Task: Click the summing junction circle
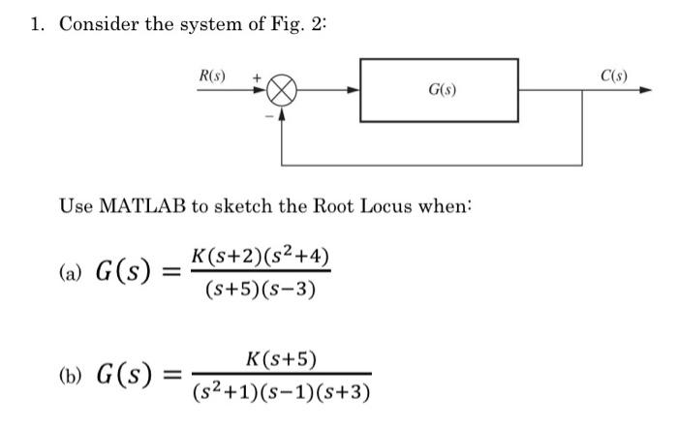[281, 90]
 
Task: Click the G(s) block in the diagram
[439, 90]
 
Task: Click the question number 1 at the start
[35, 24]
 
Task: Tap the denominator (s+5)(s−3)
[261, 289]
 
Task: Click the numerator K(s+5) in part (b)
[282, 359]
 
